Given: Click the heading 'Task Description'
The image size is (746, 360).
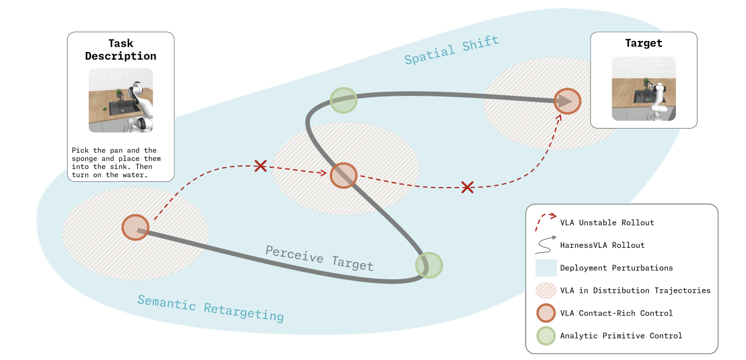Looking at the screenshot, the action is tap(120, 50).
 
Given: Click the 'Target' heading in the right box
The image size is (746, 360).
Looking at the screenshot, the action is tap(644, 43).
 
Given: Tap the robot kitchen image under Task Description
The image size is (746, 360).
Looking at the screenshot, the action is tap(120, 101).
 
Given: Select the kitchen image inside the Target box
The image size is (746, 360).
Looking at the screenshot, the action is tap(644, 89).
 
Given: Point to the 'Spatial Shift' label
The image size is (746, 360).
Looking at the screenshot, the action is tap(451, 50).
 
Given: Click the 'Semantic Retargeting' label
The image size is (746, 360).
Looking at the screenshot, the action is tap(210, 309).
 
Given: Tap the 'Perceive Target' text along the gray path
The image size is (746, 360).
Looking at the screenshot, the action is tap(319, 258).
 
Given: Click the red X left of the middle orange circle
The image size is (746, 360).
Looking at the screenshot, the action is tap(260, 166).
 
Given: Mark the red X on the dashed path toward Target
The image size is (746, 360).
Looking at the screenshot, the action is tap(468, 188).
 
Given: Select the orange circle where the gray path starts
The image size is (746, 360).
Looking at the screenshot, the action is tap(135, 227).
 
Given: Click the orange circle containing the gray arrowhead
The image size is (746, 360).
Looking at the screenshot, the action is tap(568, 101).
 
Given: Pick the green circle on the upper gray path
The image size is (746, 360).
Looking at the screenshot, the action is tap(344, 101).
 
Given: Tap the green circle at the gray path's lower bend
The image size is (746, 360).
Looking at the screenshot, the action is tap(429, 265).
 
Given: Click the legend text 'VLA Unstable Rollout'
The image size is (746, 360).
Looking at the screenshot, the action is tap(607, 223).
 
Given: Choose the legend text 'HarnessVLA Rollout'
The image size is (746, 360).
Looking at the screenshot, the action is tap(602, 245).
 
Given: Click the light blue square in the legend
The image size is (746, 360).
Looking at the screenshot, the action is tap(546, 268).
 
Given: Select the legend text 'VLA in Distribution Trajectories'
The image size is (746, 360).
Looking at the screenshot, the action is tap(635, 290).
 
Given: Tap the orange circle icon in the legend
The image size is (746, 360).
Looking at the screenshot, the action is tap(546, 313).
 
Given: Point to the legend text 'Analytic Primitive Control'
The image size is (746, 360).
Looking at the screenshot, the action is tap(621, 335).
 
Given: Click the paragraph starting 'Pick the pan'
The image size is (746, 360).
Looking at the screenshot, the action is tap(116, 162).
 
